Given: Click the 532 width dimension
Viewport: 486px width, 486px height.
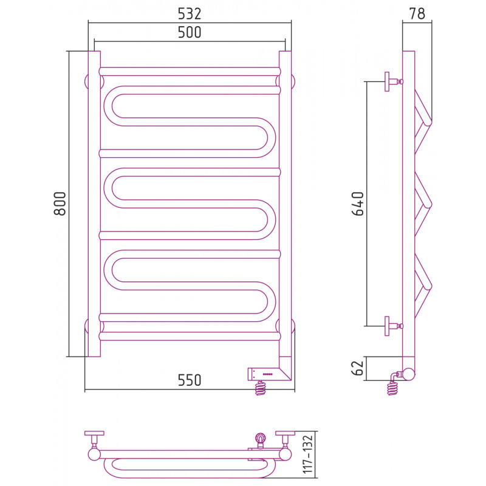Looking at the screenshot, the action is pyautogui.click(x=190, y=13).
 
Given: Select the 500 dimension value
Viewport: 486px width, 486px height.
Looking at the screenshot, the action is pyautogui.click(x=190, y=32).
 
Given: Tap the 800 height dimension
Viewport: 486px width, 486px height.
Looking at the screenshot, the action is pyautogui.click(x=60, y=204).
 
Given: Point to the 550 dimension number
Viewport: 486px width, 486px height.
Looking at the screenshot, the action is pyautogui.click(x=190, y=380).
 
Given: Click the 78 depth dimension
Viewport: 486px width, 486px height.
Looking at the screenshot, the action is pyautogui.click(x=417, y=13).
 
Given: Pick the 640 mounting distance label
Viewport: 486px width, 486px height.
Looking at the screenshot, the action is pyautogui.click(x=358, y=204).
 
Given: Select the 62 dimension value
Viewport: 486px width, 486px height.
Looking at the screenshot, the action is pyautogui.click(x=358, y=368).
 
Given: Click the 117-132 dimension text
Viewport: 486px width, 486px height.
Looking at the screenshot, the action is pyautogui.click(x=308, y=454).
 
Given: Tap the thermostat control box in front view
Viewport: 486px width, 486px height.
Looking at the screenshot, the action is pyautogui.click(x=264, y=374).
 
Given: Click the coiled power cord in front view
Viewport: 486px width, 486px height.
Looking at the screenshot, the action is pyautogui.click(x=261, y=388).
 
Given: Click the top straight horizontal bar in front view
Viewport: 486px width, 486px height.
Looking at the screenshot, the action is pyautogui.click(x=190, y=72).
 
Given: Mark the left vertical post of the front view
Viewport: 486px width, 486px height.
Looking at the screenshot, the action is pyautogui.click(x=94, y=204).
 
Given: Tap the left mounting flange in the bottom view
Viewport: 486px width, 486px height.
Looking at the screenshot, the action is pyautogui.click(x=94, y=433).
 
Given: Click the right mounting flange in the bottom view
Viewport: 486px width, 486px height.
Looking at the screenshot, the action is pyautogui.click(x=285, y=433).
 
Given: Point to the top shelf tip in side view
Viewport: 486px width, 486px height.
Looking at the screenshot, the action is pyautogui.click(x=428, y=122).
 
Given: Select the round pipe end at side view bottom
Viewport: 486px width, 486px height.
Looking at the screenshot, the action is pyautogui.click(x=408, y=374).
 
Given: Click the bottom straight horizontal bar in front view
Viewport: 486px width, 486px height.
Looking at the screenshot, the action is pyautogui.click(x=190, y=337).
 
